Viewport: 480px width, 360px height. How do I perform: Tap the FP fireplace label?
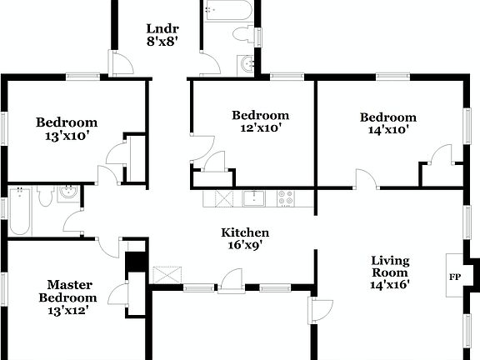[455, 277]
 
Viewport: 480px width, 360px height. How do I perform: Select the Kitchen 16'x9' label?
[244, 239]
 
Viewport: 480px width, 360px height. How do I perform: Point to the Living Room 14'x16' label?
[390, 272]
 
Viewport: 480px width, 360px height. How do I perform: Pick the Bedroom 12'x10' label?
[260, 122]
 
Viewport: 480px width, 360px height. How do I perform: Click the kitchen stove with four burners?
[285, 198]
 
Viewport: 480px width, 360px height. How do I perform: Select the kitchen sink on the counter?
[252, 198]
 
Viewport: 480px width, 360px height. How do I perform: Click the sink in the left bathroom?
[69, 194]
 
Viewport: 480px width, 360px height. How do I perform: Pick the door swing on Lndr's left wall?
[121, 63]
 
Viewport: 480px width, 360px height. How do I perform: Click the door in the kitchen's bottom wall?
[230, 282]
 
